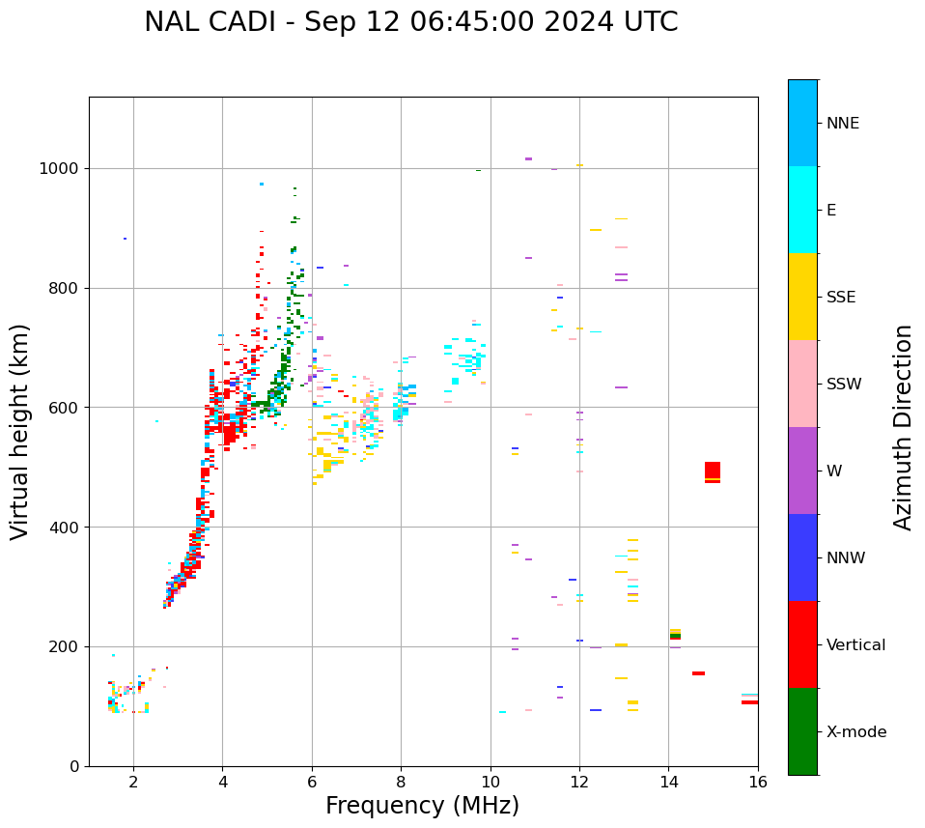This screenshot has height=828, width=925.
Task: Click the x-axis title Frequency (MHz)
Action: click(x=422, y=806)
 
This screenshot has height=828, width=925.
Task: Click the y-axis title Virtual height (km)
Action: click(x=20, y=432)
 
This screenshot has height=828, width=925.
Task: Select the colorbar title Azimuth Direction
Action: click(x=903, y=427)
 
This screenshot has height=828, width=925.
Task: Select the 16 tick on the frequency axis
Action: click(x=758, y=782)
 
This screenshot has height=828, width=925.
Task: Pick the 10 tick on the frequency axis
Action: click(x=491, y=782)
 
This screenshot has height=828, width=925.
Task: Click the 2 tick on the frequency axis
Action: click(x=133, y=782)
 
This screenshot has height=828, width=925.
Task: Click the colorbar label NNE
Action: click(x=843, y=124)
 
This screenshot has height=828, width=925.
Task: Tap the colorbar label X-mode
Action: click(x=855, y=732)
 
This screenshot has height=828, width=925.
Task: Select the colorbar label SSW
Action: click(x=844, y=385)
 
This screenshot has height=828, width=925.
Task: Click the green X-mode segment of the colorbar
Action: click(x=802, y=731)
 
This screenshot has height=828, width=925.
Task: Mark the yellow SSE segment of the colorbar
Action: click(x=802, y=297)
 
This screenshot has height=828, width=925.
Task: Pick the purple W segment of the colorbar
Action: click(x=802, y=471)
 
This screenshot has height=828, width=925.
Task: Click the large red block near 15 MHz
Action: click(x=713, y=471)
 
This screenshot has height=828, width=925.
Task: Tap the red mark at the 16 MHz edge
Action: click(x=749, y=702)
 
